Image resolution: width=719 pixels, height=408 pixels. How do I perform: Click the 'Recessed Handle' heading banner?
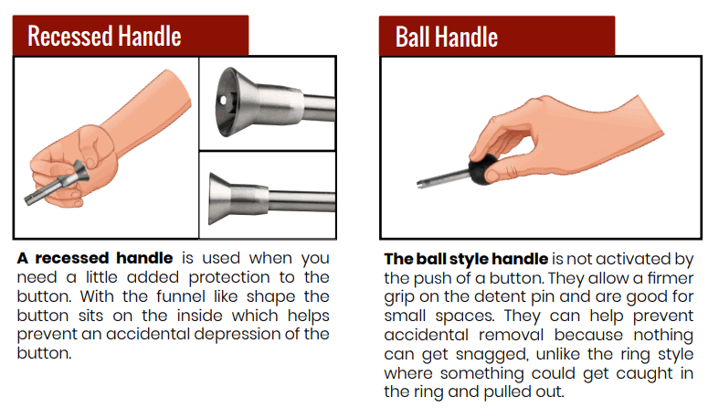tap(131, 36)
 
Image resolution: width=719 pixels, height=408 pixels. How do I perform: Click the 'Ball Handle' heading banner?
tap(497, 37)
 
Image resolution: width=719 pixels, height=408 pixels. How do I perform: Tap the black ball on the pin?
tap(482, 169)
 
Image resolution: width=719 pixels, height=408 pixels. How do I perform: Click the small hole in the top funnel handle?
tap(223, 100)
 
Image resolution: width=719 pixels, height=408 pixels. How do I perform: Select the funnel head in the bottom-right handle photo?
tap(220, 199)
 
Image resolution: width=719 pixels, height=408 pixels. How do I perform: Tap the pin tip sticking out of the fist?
tap(29, 199)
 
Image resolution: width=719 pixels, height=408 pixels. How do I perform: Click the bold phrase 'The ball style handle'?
tap(466, 259)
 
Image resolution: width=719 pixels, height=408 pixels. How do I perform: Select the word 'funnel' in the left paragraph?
tap(180, 296)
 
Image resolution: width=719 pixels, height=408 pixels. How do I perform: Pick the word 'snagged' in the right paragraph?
tap(492, 355)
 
